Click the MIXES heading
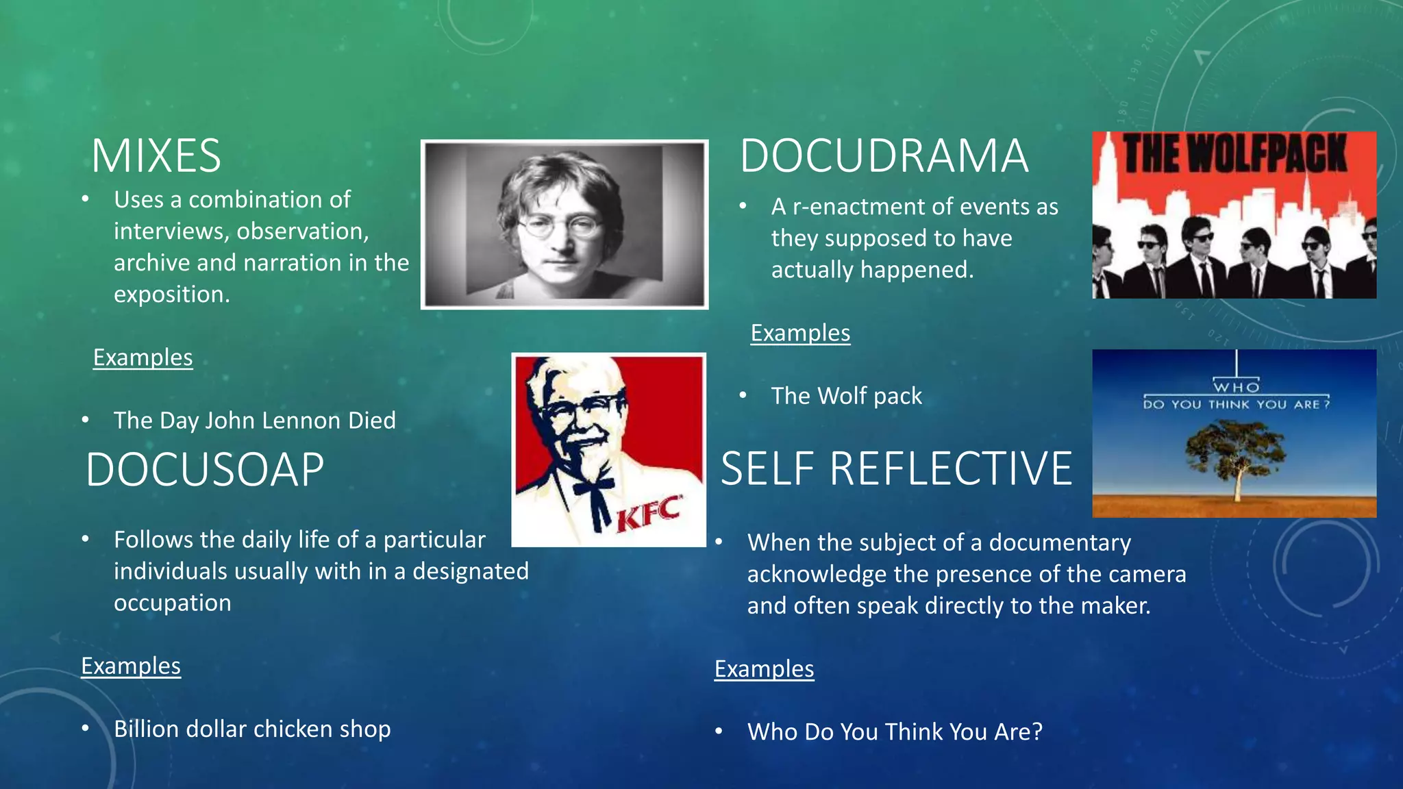pyautogui.click(x=156, y=156)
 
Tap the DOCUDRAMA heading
pyautogui.click(x=884, y=156)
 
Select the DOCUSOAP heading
pyautogui.click(x=205, y=470)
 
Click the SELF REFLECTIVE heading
pyautogui.click(x=896, y=469)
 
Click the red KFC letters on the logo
pyautogui.click(x=649, y=514)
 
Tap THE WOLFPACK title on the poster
pyautogui.click(x=1234, y=153)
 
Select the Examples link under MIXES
pyautogui.click(x=142, y=358)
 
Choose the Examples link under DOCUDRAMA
pyautogui.click(x=800, y=333)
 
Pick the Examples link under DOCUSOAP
pyautogui.click(x=131, y=666)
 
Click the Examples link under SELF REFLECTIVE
pyautogui.click(x=764, y=668)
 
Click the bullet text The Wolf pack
pyautogui.click(x=846, y=396)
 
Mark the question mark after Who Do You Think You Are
pyautogui.click(x=1036, y=732)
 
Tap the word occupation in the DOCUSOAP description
pyautogui.click(x=172, y=603)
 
